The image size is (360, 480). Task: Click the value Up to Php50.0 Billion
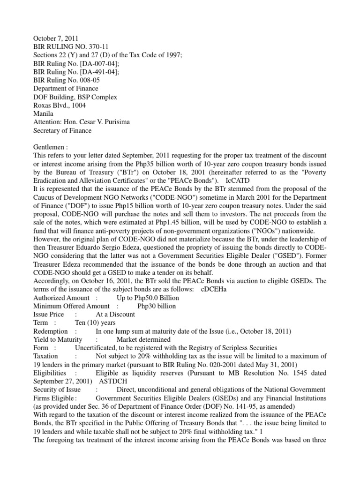[x=148, y=298]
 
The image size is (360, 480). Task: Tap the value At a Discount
[x=115, y=315]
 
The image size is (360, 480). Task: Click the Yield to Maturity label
[x=58, y=340]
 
